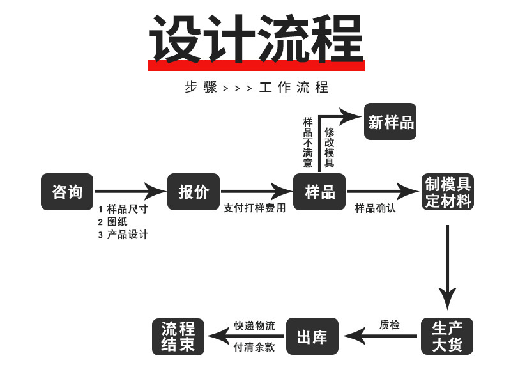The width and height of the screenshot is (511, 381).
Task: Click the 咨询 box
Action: pyautogui.click(x=67, y=192)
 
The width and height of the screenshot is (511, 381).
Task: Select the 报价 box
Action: pyautogui.click(x=194, y=192)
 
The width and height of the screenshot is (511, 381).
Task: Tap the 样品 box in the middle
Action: pyautogui.click(x=320, y=192)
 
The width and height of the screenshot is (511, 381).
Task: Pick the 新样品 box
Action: pyautogui.click(x=390, y=121)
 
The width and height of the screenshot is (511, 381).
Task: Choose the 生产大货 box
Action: pyautogui.click(x=447, y=337)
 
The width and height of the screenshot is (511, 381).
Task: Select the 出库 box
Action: pyautogui.click(x=312, y=337)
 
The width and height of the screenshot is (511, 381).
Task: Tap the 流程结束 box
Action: pyautogui.click(x=178, y=337)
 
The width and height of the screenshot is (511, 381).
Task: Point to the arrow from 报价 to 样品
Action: pyautogui.click(x=256, y=191)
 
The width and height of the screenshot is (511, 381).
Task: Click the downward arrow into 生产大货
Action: pyautogui.click(x=447, y=268)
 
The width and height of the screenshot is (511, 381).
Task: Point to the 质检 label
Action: pyautogui.click(x=390, y=325)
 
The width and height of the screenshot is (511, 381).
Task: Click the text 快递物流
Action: pyautogui.click(x=254, y=325)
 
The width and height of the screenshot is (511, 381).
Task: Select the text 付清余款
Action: pyautogui.click(x=254, y=347)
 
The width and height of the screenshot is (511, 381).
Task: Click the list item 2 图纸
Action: pyautogui.click(x=112, y=222)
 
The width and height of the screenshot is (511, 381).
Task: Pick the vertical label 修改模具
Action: pyautogui.click(x=329, y=148)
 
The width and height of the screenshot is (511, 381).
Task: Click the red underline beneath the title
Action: pyautogui.click(x=256, y=66)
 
